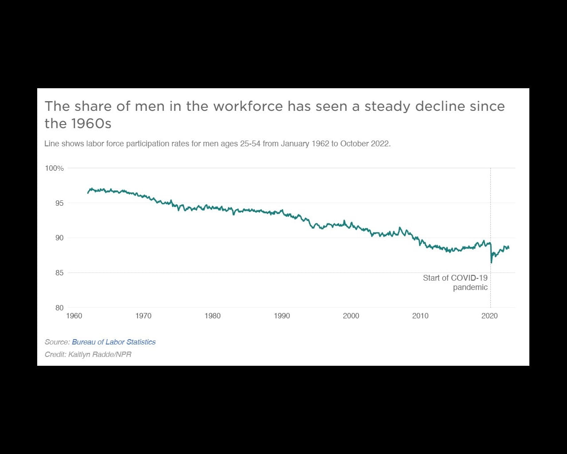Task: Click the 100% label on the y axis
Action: coord(54,168)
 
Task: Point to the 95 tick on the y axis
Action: coord(59,203)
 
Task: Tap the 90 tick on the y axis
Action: coord(59,238)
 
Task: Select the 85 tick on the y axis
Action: coord(59,273)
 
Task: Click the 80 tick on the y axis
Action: coord(59,308)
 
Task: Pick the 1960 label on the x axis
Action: coord(74,316)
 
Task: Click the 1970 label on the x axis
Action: coord(143,316)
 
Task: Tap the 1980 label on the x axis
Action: coord(213,316)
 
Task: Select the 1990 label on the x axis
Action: coord(282,316)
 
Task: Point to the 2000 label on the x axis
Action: coord(351,316)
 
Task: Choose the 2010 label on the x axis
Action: coord(420,316)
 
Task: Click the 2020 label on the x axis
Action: coord(489,316)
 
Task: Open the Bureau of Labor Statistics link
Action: coord(114,342)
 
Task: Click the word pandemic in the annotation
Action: coord(470,287)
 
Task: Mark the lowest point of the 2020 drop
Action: coord(491,263)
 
